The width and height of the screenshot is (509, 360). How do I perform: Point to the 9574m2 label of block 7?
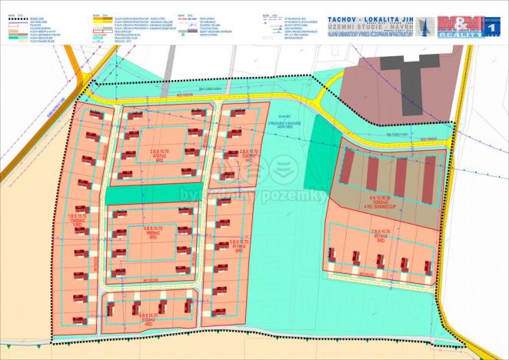click(381, 235)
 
